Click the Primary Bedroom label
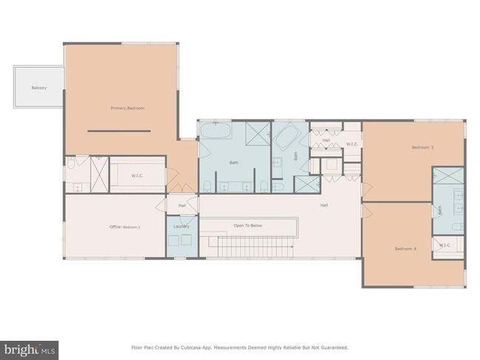pyautogui.click(x=128, y=108)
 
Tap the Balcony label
pyautogui.click(x=39, y=89)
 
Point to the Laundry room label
pyautogui.click(x=182, y=226)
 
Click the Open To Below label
pyautogui.click(x=248, y=225)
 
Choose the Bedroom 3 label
pyautogui.click(x=422, y=148)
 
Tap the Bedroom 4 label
pyautogui.click(x=405, y=249)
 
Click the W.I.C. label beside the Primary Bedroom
pyautogui.click(x=137, y=176)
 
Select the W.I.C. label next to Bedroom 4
pyautogui.click(x=445, y=246)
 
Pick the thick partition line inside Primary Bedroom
pyautogui.click(x=119, y=131)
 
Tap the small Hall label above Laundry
pyautogui.click(x=182, y=206)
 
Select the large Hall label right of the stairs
pyautogui.click(x=323, y=205)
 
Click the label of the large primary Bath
pyautogui.click(x=234, y=162)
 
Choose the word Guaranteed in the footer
pyautogui.click(x=332, y=347)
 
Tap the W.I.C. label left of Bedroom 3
pyautogui.click(x=352, y=144)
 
